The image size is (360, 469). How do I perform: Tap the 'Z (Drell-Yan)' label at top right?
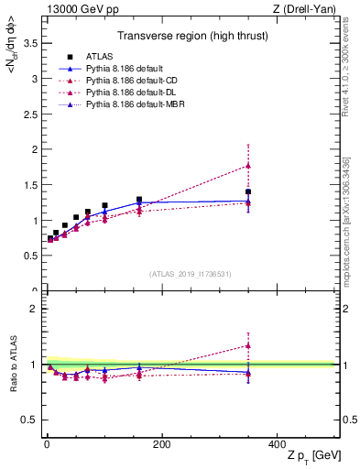[304, 9]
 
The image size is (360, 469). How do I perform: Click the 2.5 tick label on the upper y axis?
[31, 115]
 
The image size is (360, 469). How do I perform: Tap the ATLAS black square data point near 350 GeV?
[247, 191]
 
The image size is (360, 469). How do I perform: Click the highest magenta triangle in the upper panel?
[247, 166]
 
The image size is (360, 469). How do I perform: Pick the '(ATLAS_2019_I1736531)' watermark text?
[190, 273]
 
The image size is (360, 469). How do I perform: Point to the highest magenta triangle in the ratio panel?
[247, 345]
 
